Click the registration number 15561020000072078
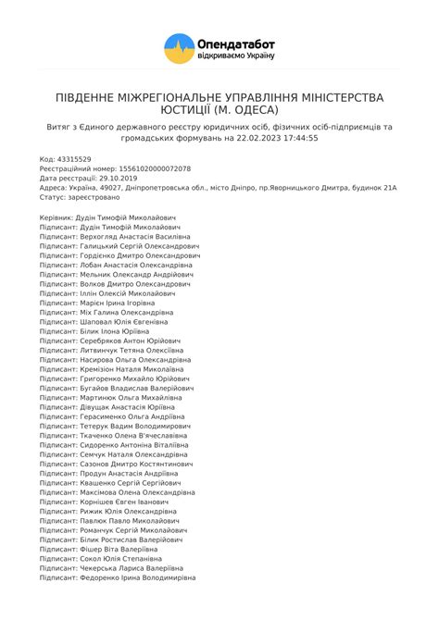click(x=155, y=168)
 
